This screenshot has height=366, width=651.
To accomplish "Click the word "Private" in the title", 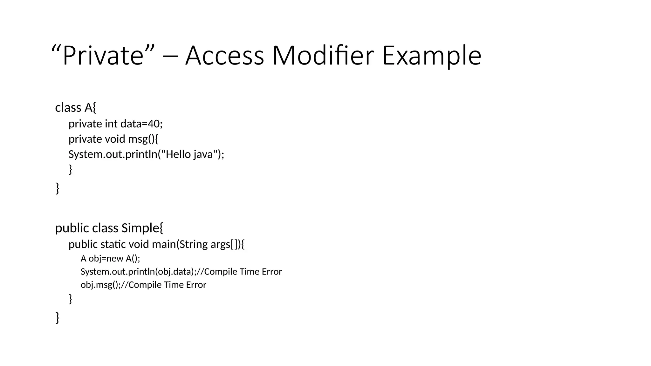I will click(x=103, y=56).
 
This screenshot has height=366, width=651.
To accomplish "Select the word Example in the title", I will click(x=432, y=56).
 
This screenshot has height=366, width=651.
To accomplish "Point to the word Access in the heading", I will click(x=224, y=56).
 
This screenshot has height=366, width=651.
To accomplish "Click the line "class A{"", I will click(x=76, y=107).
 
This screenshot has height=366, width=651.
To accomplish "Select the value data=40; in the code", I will click(x=141, y=123).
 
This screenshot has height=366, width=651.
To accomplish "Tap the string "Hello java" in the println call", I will click(x=189, y=154).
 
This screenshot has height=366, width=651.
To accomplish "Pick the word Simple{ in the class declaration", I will click(x=142, y=228).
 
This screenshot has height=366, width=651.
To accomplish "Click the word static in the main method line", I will click(x=113, y=244).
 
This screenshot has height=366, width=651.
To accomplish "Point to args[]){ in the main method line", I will click(x=228, y=244).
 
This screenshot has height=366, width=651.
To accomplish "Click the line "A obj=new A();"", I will click(x=110, y=258).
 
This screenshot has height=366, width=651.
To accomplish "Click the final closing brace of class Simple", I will click(x=58, y=317).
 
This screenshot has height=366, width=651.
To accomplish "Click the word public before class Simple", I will click(x=72, y=228).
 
